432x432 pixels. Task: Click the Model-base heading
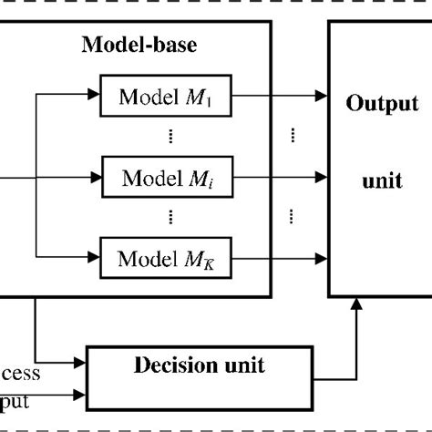pyautogui.click(x=139, y=45)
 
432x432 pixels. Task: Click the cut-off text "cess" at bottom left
pyautogui.click(x=20, y=374)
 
